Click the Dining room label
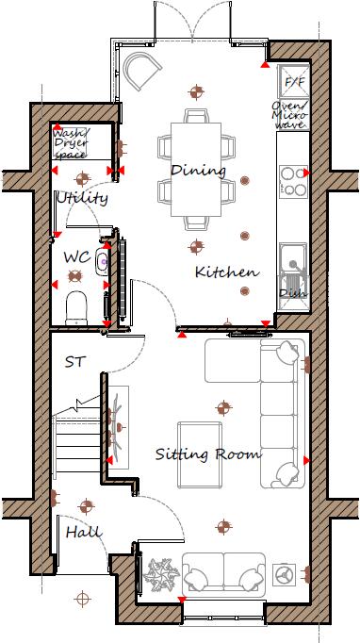pyautogui.click(x=198, y=171)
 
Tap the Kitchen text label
pyautogui.click(x=226, y=272)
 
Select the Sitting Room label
pyautogui.click(x=207, y=454)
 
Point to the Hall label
pyautogui.click(x=83, y=533)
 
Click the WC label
pyautogui.click(x=76, y=256)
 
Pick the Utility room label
pyautogui.click(x=82, y=198)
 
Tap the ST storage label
pyautogui.click(x=75, y=361)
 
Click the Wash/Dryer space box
pyautogui.click(x=72, y=143)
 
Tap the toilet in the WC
pyautogui.click(x=76, y=305)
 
